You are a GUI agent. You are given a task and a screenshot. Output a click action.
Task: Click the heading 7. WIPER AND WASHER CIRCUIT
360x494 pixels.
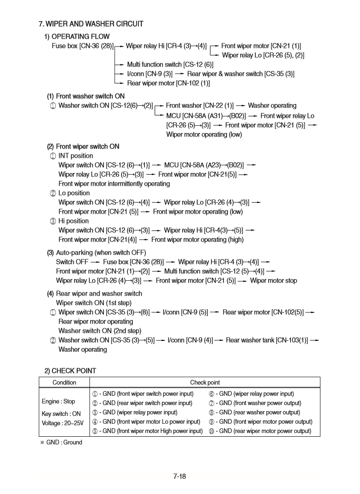[x=91, y=24]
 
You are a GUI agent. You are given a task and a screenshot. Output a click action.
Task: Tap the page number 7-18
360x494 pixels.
[x=179, y=476]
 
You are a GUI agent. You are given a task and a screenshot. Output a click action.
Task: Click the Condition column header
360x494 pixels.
[x=64, y=382]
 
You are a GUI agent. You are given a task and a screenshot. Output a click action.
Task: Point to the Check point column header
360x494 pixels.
[x=204, y=382]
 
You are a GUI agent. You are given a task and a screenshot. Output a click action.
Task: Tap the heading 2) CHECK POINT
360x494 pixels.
[x=70, y=371]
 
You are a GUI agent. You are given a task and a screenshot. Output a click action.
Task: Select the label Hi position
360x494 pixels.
[x=74, y=221]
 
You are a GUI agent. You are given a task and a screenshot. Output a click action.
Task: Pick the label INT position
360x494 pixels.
[x=75, y=156]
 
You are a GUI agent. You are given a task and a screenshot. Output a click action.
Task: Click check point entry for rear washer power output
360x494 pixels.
[x=257, y=413]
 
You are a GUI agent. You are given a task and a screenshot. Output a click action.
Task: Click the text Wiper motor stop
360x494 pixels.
[x=273, y=281]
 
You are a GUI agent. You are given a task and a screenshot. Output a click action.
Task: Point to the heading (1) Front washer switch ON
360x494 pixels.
[x=86, y=96]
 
